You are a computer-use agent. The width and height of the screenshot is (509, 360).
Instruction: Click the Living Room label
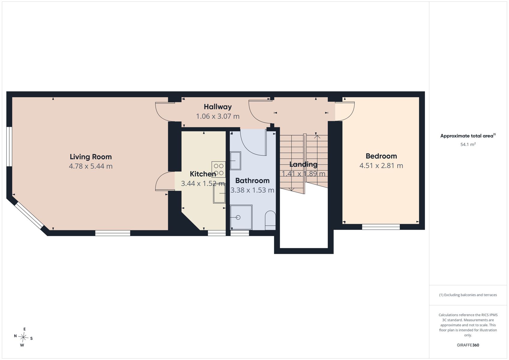coord(91,157)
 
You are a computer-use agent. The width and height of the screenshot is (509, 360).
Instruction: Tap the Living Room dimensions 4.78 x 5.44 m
coord(91,166)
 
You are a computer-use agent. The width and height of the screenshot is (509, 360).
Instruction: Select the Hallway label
coord(218,107)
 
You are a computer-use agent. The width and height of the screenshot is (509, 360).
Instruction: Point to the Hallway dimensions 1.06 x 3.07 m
coord(218,116)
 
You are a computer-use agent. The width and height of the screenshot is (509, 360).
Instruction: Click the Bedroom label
coord(381,156)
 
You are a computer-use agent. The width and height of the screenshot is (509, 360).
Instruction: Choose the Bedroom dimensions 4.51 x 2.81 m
coord(381,166)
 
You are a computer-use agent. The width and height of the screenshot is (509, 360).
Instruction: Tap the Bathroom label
coord(252,181)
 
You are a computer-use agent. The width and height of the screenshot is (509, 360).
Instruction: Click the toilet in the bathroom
coord(270,220)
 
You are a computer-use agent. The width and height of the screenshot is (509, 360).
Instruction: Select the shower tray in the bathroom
coord(241,217)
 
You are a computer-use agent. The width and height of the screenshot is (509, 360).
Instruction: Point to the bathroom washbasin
coord(235,160)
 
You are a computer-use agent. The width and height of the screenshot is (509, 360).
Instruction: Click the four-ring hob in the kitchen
coord(218,169)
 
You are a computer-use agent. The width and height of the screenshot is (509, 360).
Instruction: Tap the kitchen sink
coord(219,193)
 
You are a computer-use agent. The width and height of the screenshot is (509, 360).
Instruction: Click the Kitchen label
coord(203,174)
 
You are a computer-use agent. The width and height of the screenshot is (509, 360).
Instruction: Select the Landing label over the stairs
coord(303,164)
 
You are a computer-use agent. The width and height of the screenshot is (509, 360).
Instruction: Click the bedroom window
coord(381,227)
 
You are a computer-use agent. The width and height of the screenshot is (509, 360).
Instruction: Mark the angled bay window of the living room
coord(29,215)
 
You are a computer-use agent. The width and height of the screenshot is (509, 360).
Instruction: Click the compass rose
coord(23,337)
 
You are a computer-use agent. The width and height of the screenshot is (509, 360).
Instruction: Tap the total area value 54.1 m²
coord(468,145)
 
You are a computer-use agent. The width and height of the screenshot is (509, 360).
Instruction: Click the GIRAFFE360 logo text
coord(468,345)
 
